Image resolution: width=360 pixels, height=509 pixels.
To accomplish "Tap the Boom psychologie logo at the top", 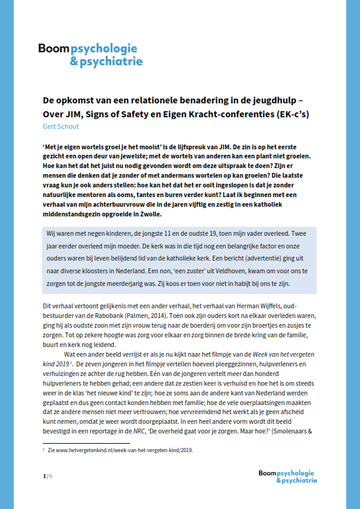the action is coord(90,54).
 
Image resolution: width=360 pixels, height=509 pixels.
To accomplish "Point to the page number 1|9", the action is coord(47,476).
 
